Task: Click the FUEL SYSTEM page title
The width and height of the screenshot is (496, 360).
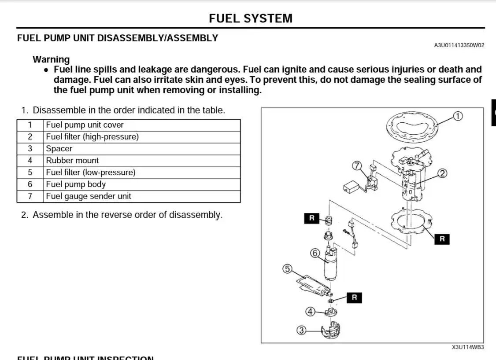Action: pyautogui.click(x=250, y=18)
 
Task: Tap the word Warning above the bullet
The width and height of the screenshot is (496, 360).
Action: pyautogui.click(x=51, y=59)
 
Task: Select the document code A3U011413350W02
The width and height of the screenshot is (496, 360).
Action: pyautogui.click(x=459, y=45)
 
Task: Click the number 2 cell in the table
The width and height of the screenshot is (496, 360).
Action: pyautogui.click(x=30, y=137)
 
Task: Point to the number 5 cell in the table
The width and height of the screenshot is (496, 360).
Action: pyautogui.click(x=30, y=173)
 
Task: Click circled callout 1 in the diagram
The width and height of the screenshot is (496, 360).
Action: pyautogui.click(x=458, y=116)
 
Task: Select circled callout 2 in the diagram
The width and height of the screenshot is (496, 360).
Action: pyautogui.click(x=443, y=173)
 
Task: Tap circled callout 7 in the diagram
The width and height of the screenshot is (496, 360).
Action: pyautogui.click(x=357, y=166)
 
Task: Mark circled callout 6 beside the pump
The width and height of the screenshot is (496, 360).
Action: pyautogui.click(x=315, y=253)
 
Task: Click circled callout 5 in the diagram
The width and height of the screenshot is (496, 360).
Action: pyautogui.click(x=287, y=268)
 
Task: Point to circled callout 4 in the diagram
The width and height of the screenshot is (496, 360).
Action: pyautogui.click(x=310, y=312)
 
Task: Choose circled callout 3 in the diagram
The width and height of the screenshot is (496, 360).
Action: pyautogui.click(x=301, y=330)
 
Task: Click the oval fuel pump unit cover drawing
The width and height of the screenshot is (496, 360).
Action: pyautogui.click(x=413, y=127)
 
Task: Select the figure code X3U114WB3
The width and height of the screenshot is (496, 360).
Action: pyautogui.click(x=468, y=347)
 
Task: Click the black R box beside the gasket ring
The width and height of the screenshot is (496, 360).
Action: pyautogui.click(x=442, y=239)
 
